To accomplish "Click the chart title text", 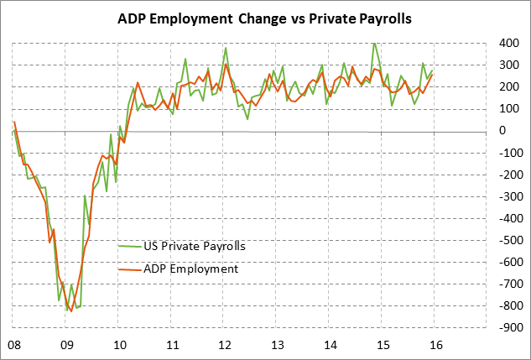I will pos(265,19).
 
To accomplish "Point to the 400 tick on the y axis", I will pos(460,43).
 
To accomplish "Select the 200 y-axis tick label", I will pos(460,87).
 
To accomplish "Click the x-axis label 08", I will pos(13,344).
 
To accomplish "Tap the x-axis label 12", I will pos(224,344).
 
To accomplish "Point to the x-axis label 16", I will pos(435,344).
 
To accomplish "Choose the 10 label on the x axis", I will pos(119,344).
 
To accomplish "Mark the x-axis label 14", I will pos(330,344).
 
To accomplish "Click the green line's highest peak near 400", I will pos(374,43).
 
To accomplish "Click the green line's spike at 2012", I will pos(226,49).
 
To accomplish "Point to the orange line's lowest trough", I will pos(70,311).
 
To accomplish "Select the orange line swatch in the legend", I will pos(129,269).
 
